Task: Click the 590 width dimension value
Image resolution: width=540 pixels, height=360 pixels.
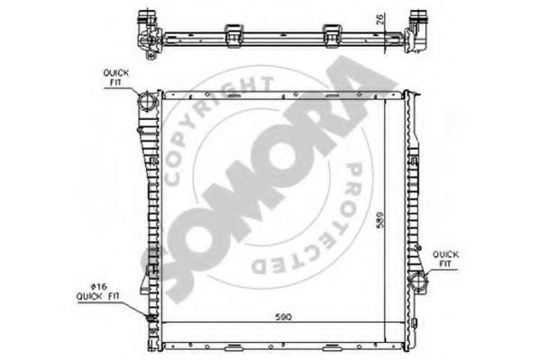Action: click(283, 317)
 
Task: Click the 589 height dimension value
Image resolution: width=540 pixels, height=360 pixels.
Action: click(380, 219)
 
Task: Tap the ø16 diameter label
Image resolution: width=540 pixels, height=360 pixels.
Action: click(99, 287)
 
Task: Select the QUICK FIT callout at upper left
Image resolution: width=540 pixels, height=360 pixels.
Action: click(116, 78)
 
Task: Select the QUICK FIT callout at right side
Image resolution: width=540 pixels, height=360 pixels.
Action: click(445, 259)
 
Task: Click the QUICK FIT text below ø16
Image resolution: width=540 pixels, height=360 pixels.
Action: click(97, 296)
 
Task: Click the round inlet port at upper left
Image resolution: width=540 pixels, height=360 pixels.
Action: click(148, 100)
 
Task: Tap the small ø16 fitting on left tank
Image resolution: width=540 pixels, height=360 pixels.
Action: click(151, 318)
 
